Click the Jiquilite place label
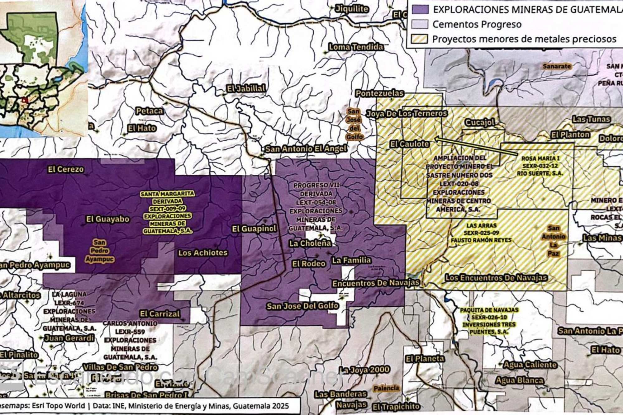click(x=352, y=9)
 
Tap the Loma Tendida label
click(x=356, y=47)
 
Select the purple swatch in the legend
click(x=420, y=9)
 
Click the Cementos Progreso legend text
click(x=477, y=24)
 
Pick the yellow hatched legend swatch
click(x=420, y=39)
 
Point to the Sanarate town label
click(x=557, y=66)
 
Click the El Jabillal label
click(x=246, y=88)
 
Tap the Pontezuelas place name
click(x=379, y=93)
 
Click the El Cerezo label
click(x=66, y=169)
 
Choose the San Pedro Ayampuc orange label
click(x=100, y=251)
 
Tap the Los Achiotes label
click(x=203, y=253)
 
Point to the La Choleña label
click(x=310, y=243)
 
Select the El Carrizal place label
click(x=160, y=314)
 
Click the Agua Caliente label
click(x=530, y=365)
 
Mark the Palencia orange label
click(x=386, y=388)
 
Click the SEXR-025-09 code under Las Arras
click(x=481, y=233)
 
